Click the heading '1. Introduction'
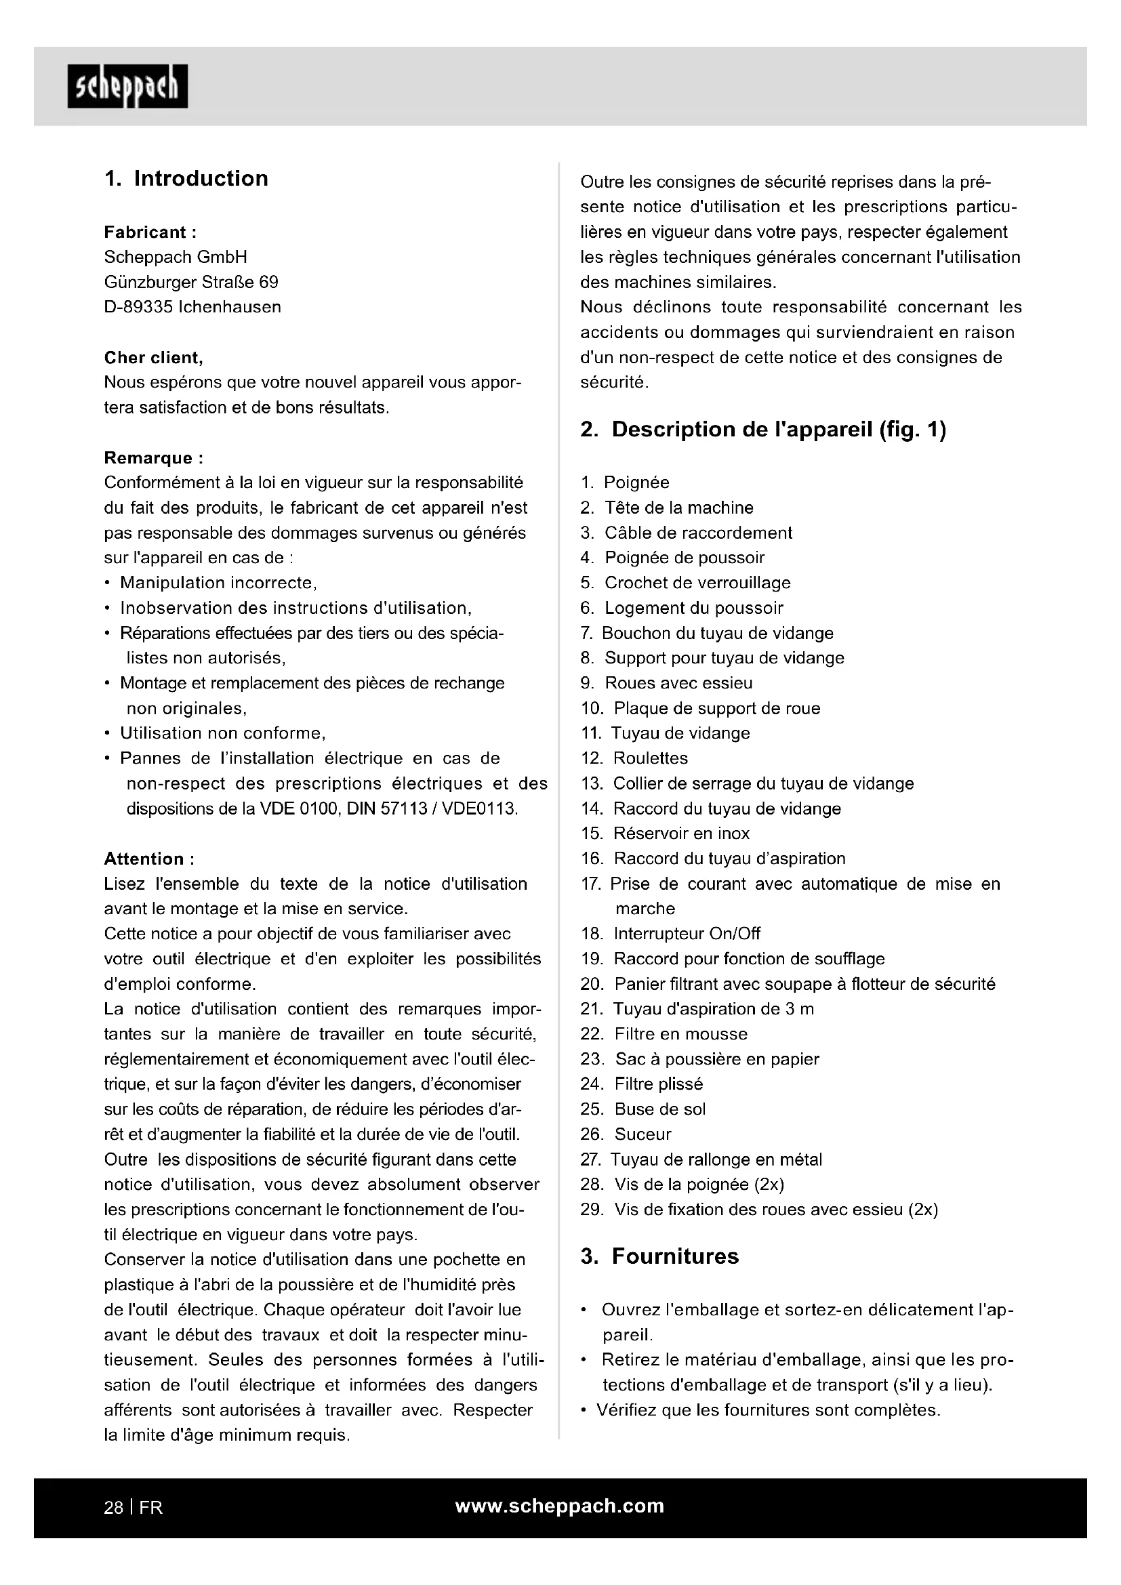click(x=186, y=179)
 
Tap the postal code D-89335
click(x=138, y=307)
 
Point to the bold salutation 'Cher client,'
click(x=153, y=358)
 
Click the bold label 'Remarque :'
click(x=153, y=457)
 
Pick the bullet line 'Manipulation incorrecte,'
click(x=218, y=583)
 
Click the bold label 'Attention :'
click(x=149, y=859)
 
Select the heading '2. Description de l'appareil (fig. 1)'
click(x=762, y=430)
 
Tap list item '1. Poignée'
click(x=625, y=482)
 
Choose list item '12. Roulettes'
click(x=634, y=758)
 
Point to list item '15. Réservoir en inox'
click(x=665, y=833)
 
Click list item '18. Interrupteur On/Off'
click(x=670, y=934)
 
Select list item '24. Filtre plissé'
click(x=641, y=1084)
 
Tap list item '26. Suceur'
click(x=626, y=1134)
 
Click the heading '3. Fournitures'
click(x=659, y=1256)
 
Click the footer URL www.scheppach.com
click(x=560, y=1506)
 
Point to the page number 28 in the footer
click(x=113, y=1507)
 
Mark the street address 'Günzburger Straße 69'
click(x=191, y=283)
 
